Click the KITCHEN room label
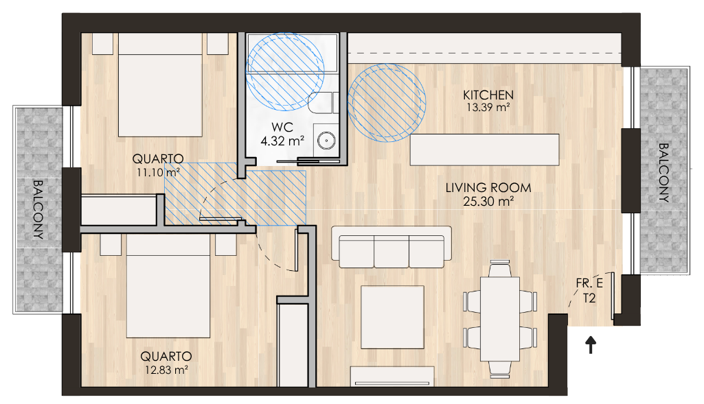click(488, 95)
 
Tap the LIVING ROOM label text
click(488, 188)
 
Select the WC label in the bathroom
click(282, 128)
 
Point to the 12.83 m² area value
click(166, 370)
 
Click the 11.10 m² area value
click(158, 172)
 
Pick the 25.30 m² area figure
click(488, 202)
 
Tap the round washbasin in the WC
click(326, 141)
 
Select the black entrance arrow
click(591, 345)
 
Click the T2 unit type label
click(589, 298)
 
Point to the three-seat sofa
click(391, 247)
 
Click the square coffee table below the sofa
click(392, 317)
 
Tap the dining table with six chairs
click(500, 318)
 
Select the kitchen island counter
click(484, 150)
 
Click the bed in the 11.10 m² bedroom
click(160, 85)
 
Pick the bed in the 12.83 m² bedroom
click(168, 285)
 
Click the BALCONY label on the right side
click(663, 172)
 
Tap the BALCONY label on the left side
click(38, 209)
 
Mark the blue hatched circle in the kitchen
click(387, 103)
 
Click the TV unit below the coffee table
click(392, 376)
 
